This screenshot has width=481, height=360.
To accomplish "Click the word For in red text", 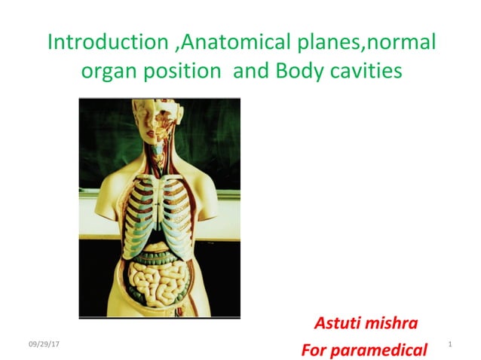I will pyautogui.click(x=312, y=349).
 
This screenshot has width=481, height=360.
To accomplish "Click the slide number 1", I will pyautogui.click(x=449, y=345).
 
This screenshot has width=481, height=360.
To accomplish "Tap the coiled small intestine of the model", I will pyautogui.click(x=159, y=282).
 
